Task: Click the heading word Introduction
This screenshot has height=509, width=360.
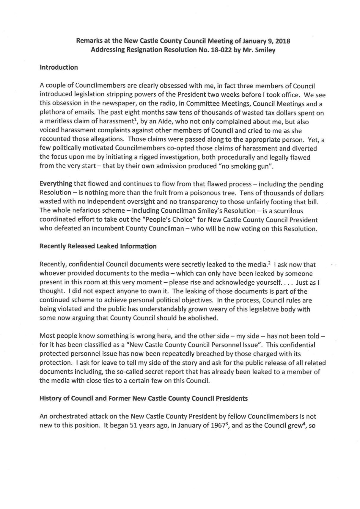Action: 59,68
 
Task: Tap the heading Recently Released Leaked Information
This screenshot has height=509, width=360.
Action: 98,246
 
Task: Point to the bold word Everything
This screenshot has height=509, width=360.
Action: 56,184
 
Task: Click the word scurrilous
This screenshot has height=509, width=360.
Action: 287,211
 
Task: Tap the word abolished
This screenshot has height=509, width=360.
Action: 203,318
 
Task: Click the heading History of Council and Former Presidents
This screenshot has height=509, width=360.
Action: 143,398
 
